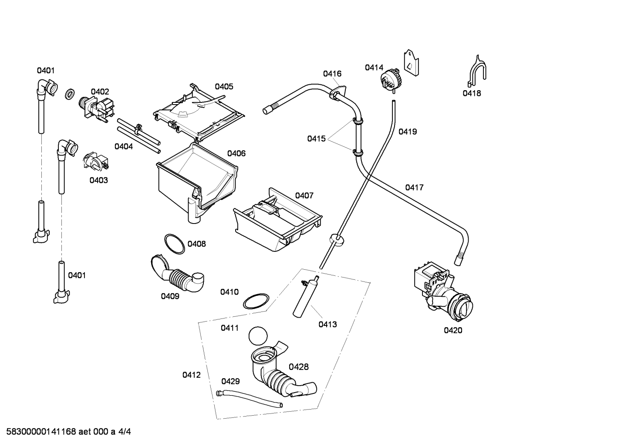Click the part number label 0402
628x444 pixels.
tap(100, 92)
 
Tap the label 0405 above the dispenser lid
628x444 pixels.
tap(224, 87)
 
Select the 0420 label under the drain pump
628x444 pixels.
tap(453, 330)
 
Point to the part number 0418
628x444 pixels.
tap(472, 93)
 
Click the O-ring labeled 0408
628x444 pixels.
tap(174, 244)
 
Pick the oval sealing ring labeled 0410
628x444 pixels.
tap(256, 302)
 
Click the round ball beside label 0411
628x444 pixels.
tap(258, 336)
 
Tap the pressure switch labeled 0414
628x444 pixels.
tap(391, 81)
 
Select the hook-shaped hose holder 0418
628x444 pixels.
tap(477, 71)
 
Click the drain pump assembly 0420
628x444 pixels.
tap(443, 291)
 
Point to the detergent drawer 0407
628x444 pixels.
tap(277, 219)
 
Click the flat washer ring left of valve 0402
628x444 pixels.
tap(70, 94)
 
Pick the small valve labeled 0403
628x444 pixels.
tap(96, 162)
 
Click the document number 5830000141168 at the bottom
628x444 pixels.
tap(41, 432)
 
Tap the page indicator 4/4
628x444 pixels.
tap(125, 432)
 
